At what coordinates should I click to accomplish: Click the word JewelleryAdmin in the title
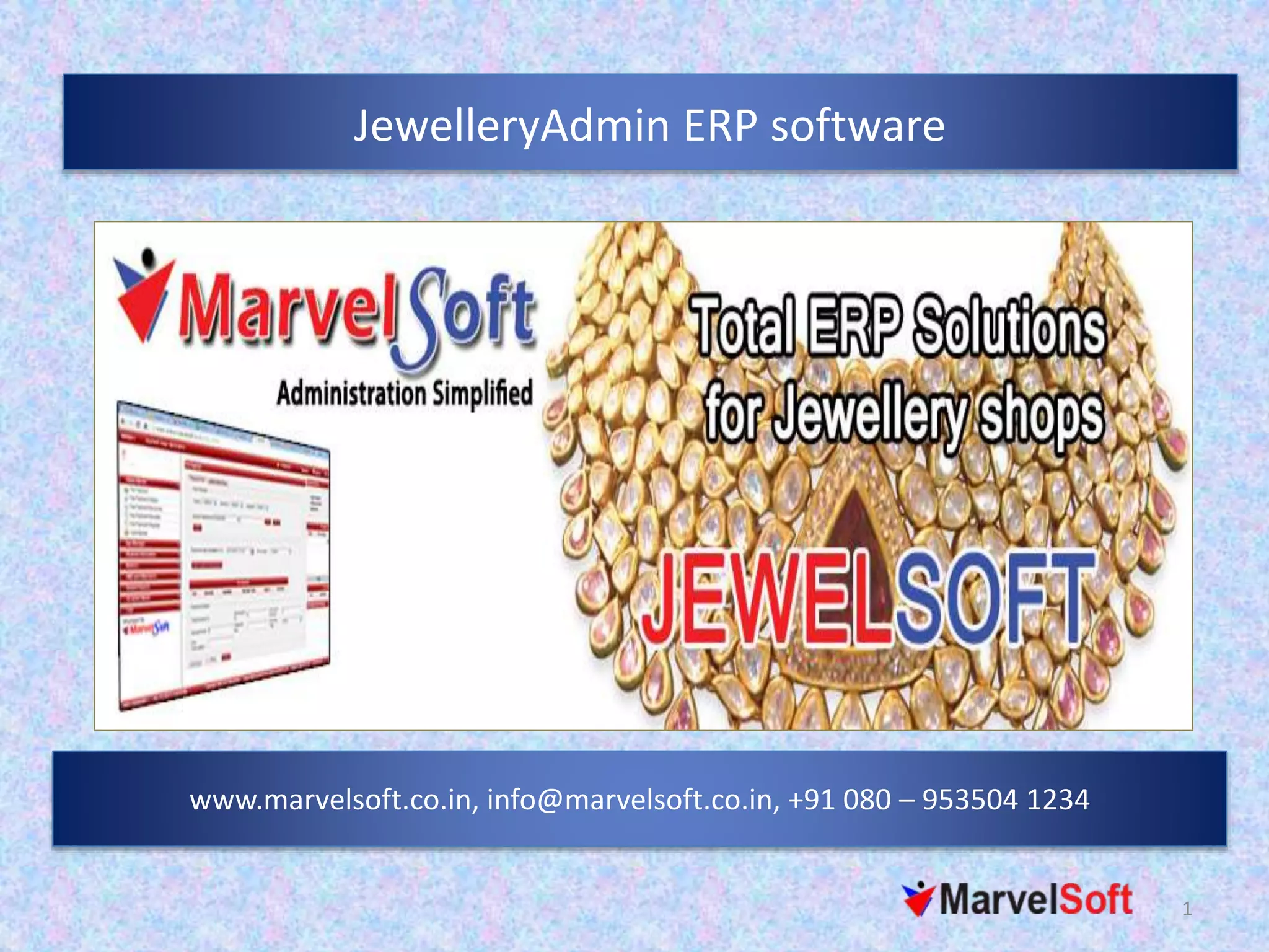511,126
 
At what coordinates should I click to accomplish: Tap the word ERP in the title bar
721,126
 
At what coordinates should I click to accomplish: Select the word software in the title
858,126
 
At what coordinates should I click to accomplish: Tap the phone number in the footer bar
938,800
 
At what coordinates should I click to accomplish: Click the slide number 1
1187,909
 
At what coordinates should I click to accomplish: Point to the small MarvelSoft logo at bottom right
1017,899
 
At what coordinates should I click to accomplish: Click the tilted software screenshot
224,555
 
